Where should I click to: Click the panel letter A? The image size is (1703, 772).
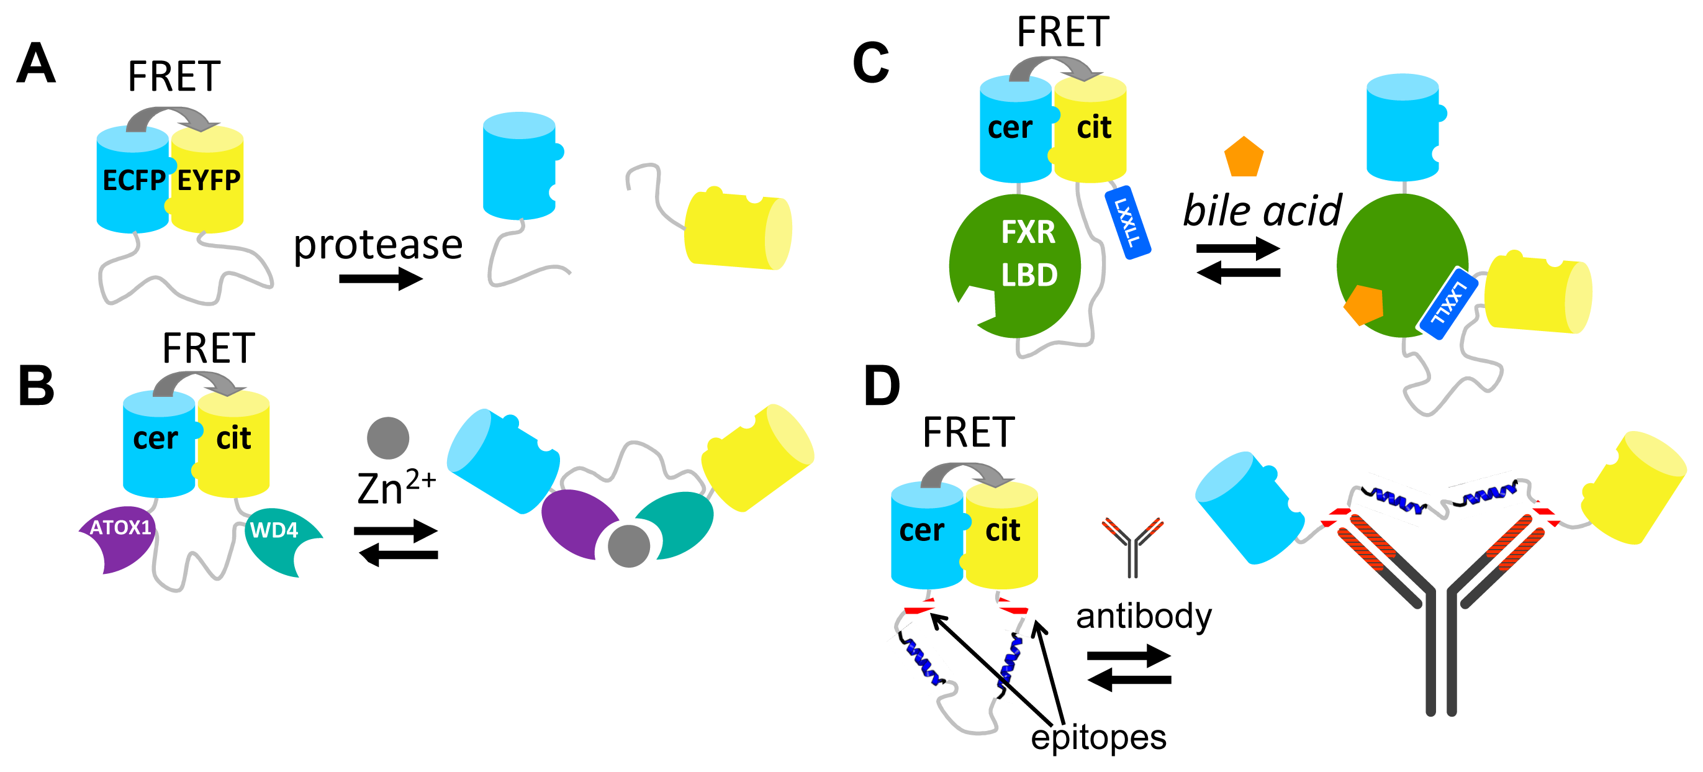point(36,63)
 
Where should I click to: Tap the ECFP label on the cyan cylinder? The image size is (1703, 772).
point(133,181)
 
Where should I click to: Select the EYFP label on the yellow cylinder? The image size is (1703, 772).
point(209,181)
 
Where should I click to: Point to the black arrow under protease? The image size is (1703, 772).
point(380,278)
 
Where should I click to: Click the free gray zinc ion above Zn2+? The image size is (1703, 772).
point(388,438)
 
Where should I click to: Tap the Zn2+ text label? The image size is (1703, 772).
point(395,488)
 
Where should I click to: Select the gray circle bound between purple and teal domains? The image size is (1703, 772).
point(628,546)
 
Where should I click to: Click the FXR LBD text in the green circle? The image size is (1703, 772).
point(1028,253)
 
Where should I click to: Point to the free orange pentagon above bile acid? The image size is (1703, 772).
point(1244,157)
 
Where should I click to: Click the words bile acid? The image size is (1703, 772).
point(1262,211)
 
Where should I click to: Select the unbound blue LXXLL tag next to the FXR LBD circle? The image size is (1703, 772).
point(1128,222)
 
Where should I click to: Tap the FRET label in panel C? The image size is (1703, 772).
point(1062,32)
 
